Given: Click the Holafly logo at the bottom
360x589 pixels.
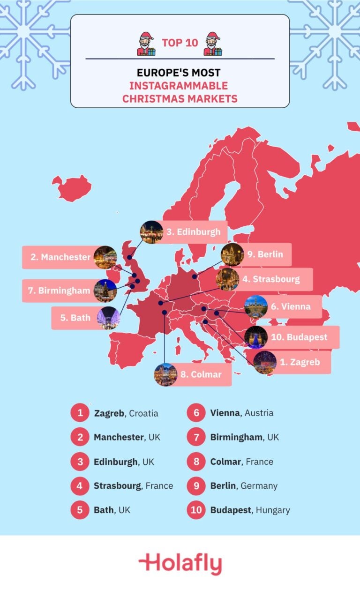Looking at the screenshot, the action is click(x=180, y=564).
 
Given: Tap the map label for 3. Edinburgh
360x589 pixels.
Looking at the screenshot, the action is click(x=192, y=232).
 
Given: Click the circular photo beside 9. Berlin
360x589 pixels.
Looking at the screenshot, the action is click(x=232, y=255).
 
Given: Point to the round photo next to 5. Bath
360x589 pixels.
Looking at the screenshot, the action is click(x=109, y=318).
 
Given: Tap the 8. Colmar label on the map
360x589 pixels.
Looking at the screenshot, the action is click(x=200, y=374).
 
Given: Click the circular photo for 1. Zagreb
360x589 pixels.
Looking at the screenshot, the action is click(x=265, y=362).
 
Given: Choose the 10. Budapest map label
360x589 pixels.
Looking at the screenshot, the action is click(x=299, y=337).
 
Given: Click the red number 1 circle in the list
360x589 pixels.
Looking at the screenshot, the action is click(x=80, y=413).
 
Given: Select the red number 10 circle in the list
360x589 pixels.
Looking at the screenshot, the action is click(x=196, y=510).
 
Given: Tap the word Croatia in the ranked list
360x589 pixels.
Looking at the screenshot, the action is click(x=143, y=413).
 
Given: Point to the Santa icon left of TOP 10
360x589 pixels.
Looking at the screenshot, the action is click(x=146, y=44).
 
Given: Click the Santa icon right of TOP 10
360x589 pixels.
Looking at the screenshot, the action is click(x=213, y=44).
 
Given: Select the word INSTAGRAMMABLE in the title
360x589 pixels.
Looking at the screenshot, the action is click(x=178, y=86).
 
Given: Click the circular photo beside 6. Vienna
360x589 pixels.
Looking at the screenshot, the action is click(x=256, y=307).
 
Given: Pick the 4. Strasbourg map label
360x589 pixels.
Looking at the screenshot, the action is click(x=271, y=279).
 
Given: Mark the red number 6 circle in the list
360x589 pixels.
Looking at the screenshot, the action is click(x=196, y=413).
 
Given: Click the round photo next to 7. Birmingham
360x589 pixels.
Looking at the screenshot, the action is click(x=105, y=291).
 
